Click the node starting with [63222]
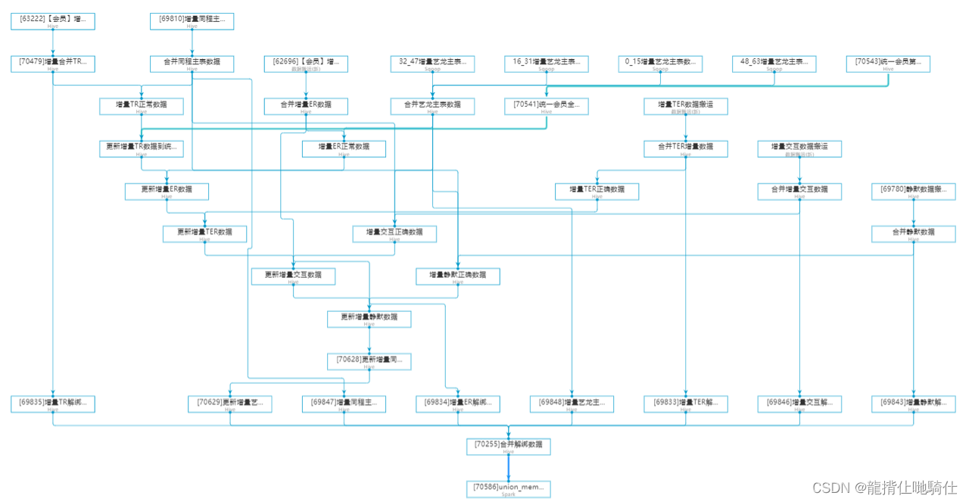click(x=52, y=21)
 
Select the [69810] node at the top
click(x=192, y=21)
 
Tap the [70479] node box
click(x=52, y=64)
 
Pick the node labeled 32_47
click(x=432, y=64)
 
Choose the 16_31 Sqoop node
click(x=546, y=64)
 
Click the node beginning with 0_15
click(x=660, y=64)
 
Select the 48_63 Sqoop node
click(x=774, y=64)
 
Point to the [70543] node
click(x=887, y=64)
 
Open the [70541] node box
click(x=546, y=106)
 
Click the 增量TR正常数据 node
click(x=141, y=106)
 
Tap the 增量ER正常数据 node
click(x=344, y=148)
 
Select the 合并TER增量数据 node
click(x=685, y=148)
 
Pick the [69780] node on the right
click(x=913, y=191)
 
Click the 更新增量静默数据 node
click(x=369, y=319)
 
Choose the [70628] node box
click(x=369, y=361)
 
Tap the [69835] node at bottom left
click(x=52, y=404)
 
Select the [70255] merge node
click(x=508, y=446)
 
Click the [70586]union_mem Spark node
click(x=508, y=488)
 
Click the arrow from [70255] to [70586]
click(x=508, y=467)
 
